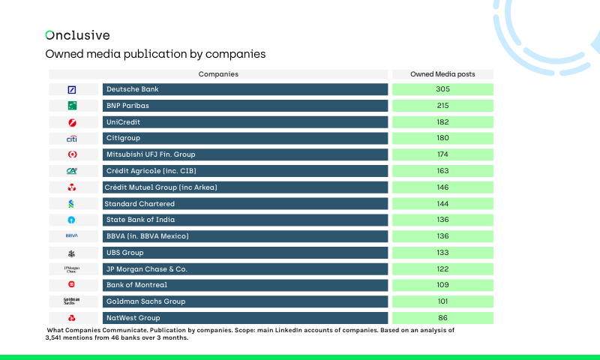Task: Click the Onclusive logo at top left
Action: (x=77, y=35)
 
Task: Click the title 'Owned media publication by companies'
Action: (x=155, y=55)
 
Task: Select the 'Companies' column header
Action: (x=218, y=74)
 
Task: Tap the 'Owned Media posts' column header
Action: (x=442, y=74)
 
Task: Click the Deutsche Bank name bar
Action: (x=244, y=89)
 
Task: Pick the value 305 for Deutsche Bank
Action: (x=442, y=89)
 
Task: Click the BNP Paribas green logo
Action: (x=72, y=106)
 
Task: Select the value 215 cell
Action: (x=442, y=106)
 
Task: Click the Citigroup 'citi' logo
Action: (x=72, y=139)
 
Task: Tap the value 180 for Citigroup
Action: (x=442, y=138)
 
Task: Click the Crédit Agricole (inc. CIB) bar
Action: (x=244, y=171)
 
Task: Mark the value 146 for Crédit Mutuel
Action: (x=442, y=187)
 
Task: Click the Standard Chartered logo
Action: (x=72, y=204)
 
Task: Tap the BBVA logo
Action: (x=72, y=236)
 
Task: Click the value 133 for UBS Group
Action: (x=442, y=253)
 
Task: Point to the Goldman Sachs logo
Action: (x=72, y=301)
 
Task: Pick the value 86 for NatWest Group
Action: (x=442, y=318)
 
